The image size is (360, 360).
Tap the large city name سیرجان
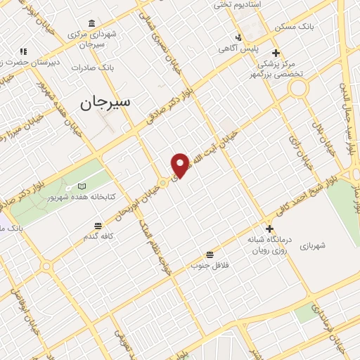[105, 103]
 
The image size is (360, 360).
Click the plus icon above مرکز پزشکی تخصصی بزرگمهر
[276, 53]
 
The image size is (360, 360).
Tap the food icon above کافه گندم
[98, 226]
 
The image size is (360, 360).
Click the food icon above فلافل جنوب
[209, 255]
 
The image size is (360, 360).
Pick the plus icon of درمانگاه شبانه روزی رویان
[269, 229]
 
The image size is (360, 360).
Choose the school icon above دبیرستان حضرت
[23, 51]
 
